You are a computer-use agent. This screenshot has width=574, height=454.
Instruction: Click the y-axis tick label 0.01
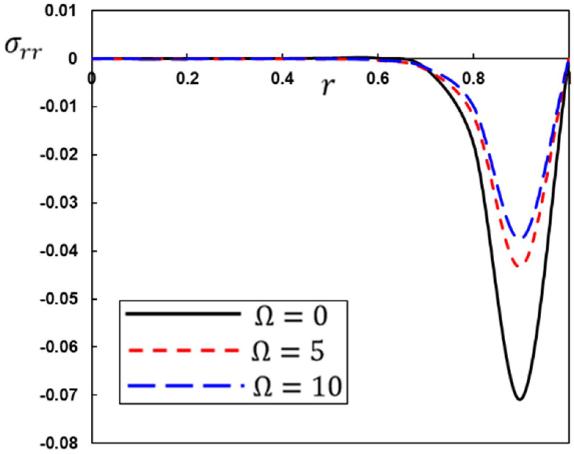[61, 11]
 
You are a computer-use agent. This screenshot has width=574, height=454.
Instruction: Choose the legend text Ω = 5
[288, 351]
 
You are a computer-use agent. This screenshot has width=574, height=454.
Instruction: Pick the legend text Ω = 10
[297, 386]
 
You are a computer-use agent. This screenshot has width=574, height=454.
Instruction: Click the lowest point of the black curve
[520, 399]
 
